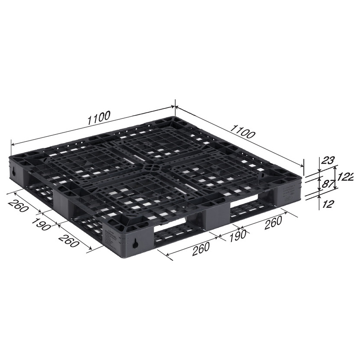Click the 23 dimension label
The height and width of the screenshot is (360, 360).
(327, 160)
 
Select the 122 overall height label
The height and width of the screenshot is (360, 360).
(345, 177)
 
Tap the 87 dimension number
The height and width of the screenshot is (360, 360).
(327, 183)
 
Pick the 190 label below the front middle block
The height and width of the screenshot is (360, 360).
(238, 236)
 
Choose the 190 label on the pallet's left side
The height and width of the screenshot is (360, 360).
(41, 224)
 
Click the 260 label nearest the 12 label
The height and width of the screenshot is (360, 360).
(273, 223)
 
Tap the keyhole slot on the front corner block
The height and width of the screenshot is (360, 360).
(135, 243)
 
